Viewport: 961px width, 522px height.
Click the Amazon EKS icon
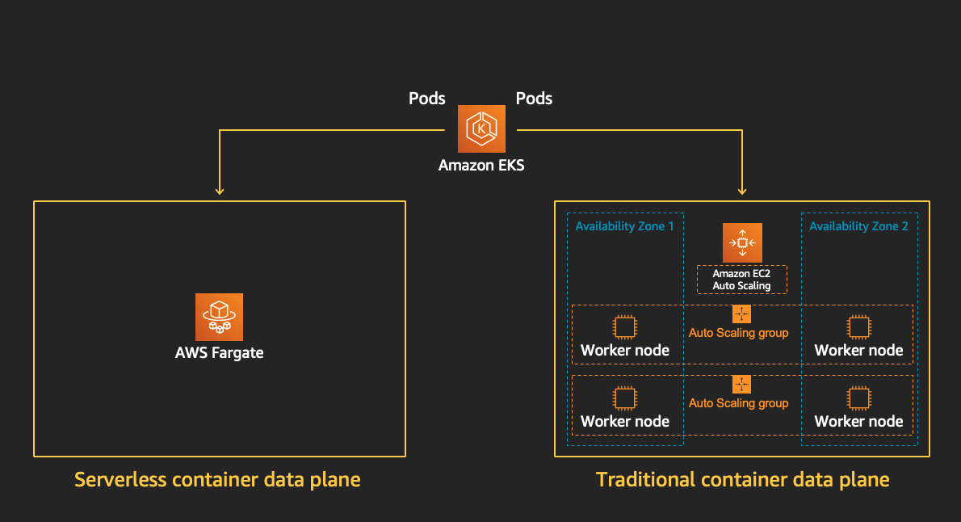pos(481,128)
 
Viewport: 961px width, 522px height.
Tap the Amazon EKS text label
pos(481,165)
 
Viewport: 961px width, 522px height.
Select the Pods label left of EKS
pos(427,99)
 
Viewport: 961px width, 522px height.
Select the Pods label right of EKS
pos(534,99)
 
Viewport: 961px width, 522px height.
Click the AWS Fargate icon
pos(219,316)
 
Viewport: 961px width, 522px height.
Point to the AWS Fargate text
pos(219,353)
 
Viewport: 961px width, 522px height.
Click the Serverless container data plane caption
pos(217,480)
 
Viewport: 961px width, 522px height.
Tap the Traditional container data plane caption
pos(742,480)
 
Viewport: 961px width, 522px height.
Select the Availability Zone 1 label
pos(624,226)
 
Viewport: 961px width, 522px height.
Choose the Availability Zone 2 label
pos(858,226)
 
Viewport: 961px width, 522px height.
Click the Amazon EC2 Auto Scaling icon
pos(742,242)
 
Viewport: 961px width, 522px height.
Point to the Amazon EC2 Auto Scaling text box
pos(741,280)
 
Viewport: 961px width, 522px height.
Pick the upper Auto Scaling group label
pos(738,332)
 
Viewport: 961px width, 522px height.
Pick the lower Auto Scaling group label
pos(738,403)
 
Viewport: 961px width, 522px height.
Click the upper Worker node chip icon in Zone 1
pos(624,327)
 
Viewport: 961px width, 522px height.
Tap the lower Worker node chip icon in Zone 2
pos(858,398)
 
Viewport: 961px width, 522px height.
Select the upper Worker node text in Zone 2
pos(858,351)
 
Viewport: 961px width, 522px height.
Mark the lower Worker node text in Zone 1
pos(624,421)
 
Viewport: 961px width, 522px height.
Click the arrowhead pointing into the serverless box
pos(219,192)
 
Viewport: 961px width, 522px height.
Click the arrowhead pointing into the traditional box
pos(742,192)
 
